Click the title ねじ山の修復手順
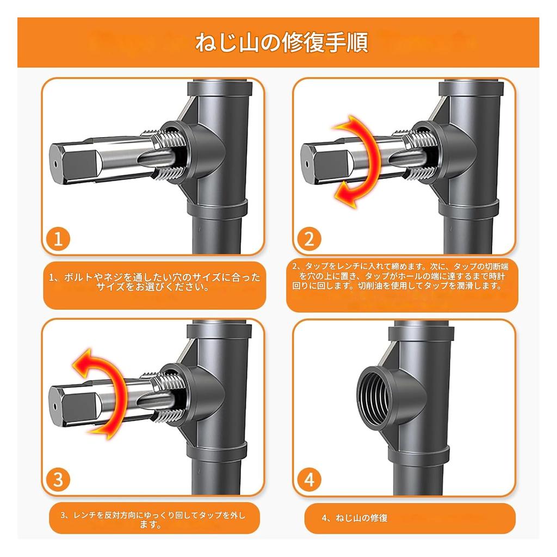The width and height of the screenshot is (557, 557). click(281, 42)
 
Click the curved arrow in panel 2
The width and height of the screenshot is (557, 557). click(360, 161)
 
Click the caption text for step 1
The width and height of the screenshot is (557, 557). click(154, 282)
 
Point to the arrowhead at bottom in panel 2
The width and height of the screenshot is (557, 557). click(345, 194)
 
